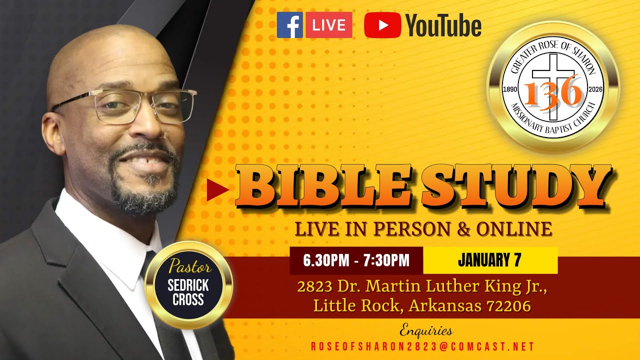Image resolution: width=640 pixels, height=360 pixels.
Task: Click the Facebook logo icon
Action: (x=289, y=25)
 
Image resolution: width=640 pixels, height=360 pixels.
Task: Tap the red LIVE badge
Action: (x=328, y=25)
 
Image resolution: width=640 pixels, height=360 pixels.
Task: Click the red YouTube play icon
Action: (x=382, y=25)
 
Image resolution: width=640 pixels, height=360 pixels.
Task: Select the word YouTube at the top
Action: (x=443, y=26)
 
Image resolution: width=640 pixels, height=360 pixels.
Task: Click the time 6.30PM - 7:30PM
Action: (x=356, y=260)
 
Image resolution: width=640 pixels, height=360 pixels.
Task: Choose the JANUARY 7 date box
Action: (x=490, y=260)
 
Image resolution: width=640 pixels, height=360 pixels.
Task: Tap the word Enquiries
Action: (x=426, y=330)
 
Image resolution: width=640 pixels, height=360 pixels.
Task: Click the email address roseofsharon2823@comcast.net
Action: (x=422, y=346)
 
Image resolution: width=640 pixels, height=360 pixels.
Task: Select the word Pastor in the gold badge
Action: (x=188, y=266)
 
